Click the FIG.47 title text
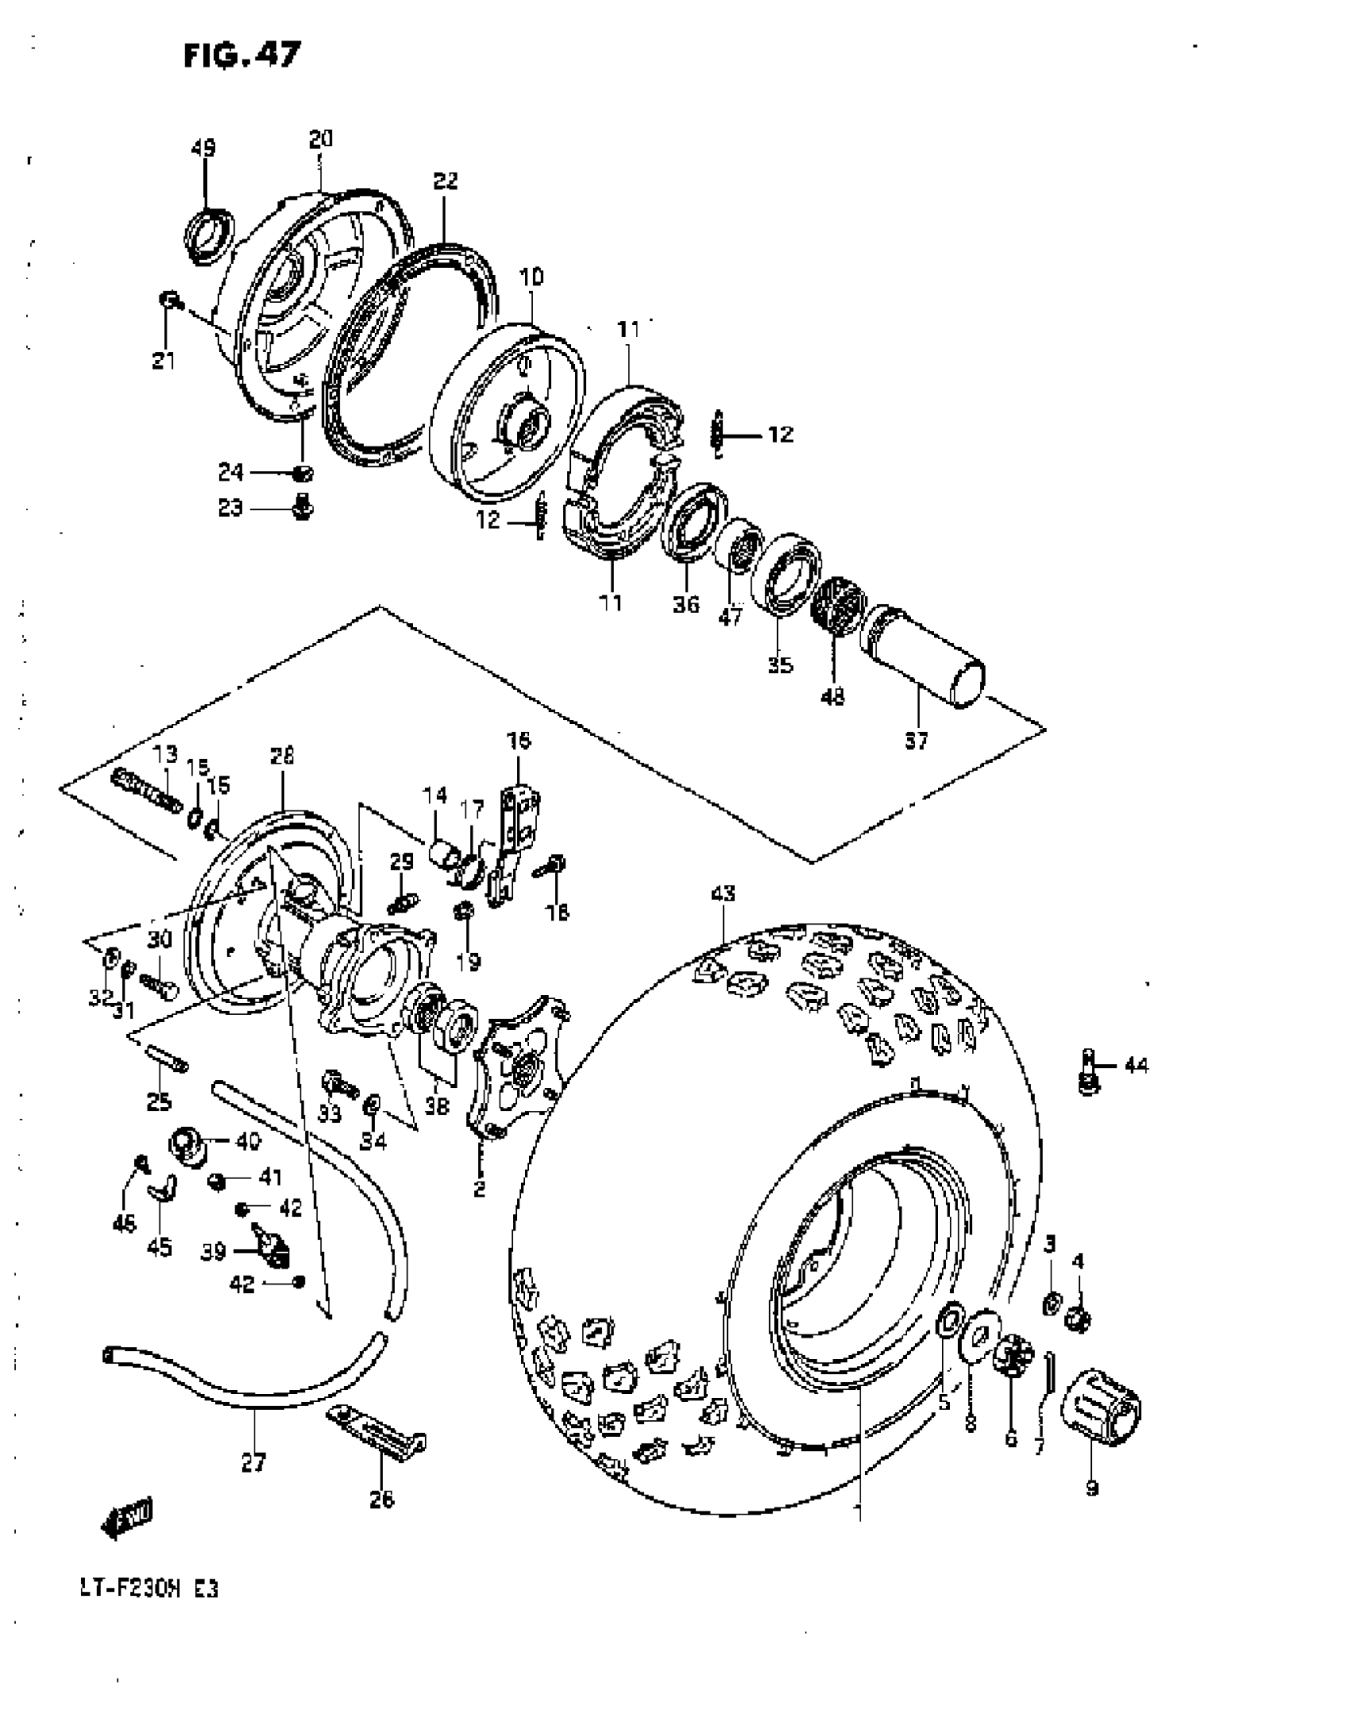coord(242,55)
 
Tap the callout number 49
coord(203,148)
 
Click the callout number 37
coord(916,741)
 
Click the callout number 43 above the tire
coord(722,894)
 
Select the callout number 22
coord(446,181)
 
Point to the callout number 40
coord(247,1142)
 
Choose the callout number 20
coord(320,140)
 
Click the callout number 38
coord(437,1105)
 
